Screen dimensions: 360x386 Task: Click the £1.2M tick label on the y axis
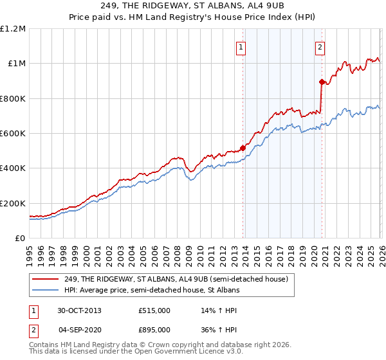[13, 28]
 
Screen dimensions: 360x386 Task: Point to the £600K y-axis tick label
[12, 134]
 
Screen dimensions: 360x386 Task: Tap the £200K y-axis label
[12, 203]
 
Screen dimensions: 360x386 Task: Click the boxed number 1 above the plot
[241, 46]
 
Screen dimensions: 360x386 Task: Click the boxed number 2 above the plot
[320, 46]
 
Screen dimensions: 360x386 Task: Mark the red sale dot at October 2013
[243, 148]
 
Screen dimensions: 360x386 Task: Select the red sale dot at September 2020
[321, 82]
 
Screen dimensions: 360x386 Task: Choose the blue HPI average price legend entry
[152, 290]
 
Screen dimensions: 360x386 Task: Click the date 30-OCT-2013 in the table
[79, 310]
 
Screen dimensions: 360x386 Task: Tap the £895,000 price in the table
[154, 330]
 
